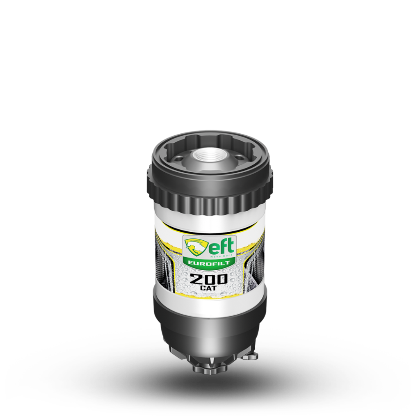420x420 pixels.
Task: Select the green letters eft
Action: [x=221, y=246]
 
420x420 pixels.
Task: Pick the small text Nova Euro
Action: [x=225, y=255]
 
